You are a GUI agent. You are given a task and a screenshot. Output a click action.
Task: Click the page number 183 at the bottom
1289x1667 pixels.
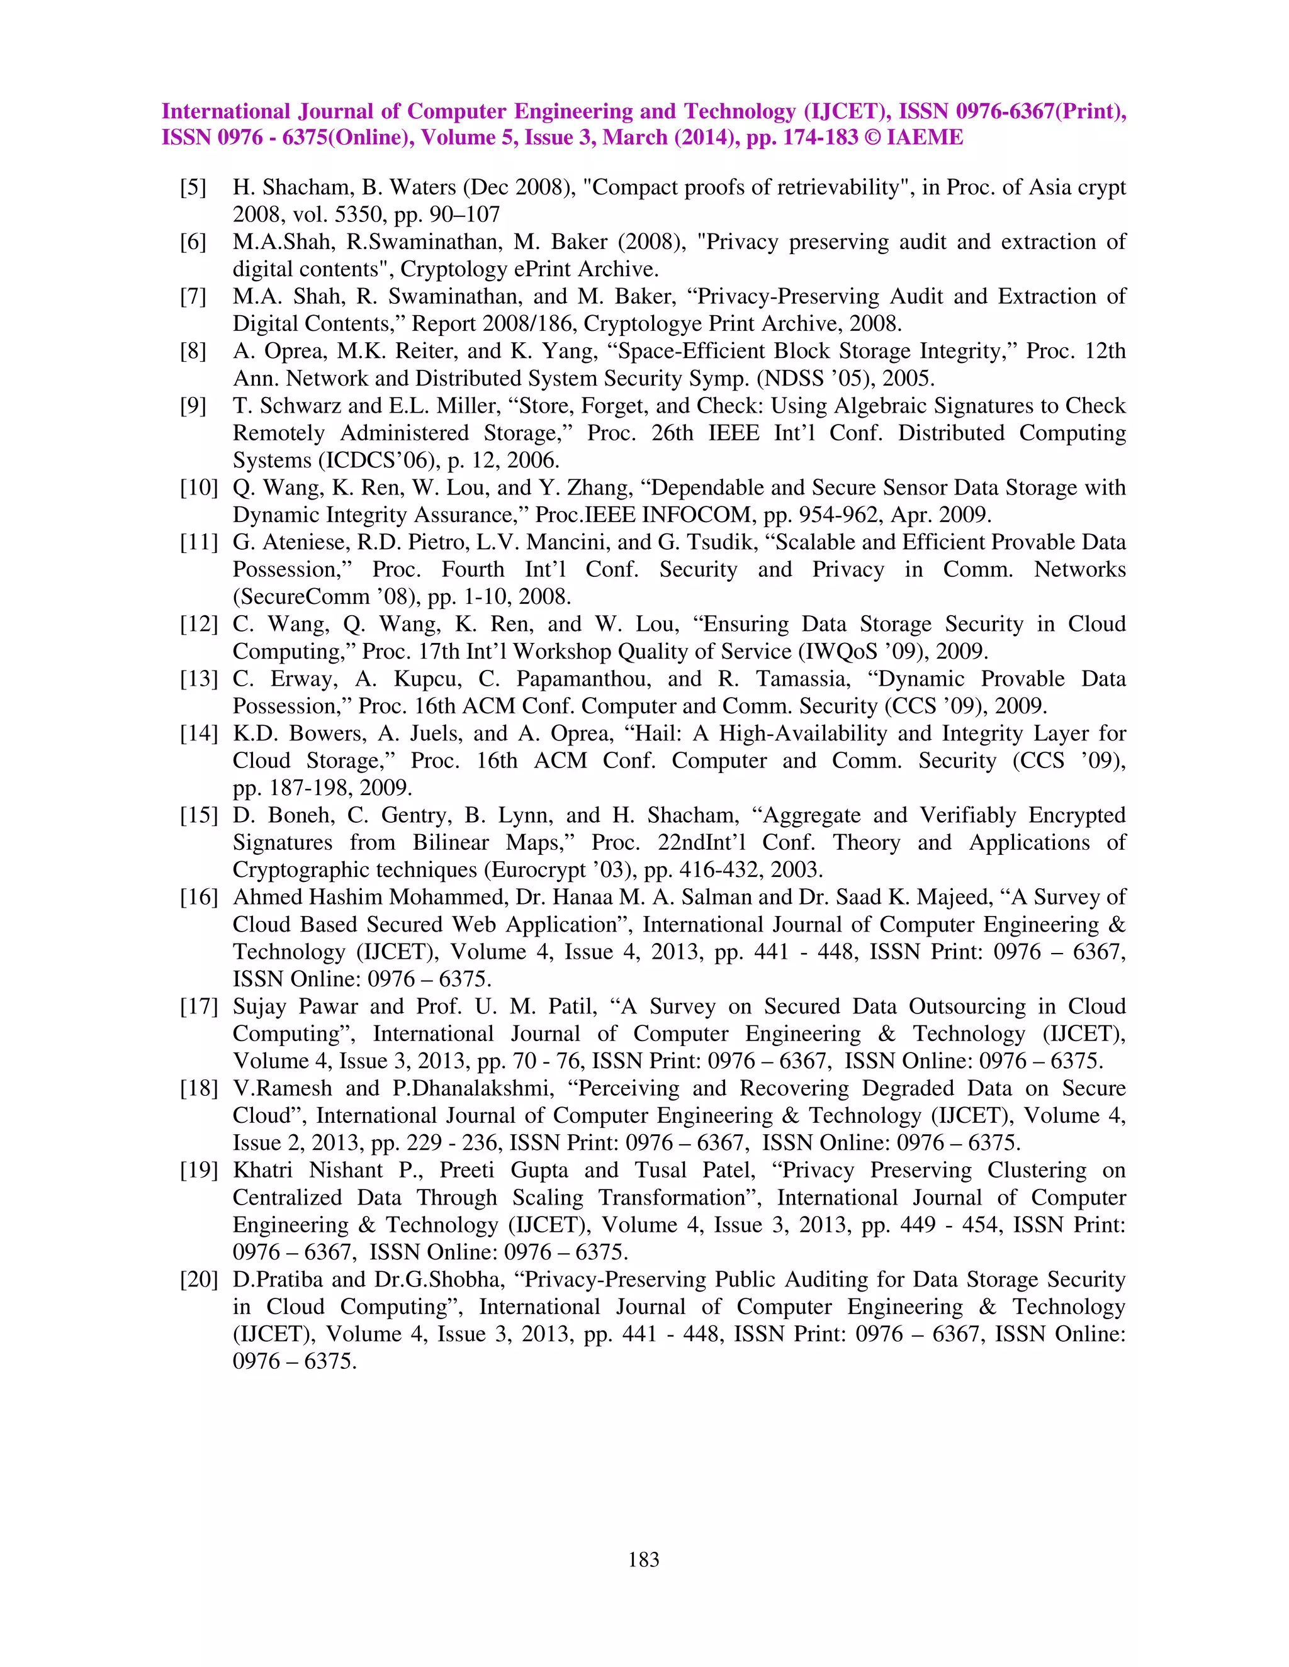[x=644, y=1559]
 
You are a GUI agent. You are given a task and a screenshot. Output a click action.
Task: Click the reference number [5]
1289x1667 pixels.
[x=193, y=187]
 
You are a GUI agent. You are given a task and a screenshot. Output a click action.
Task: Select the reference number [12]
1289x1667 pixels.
[x=198, y=623]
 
